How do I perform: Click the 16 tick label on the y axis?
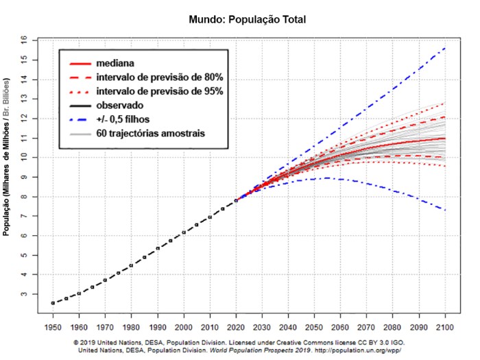click(25, 41)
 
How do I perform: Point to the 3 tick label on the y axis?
click(25, 293)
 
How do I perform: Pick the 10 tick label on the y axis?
click(25, 158)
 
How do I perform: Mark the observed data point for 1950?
click(53, 302)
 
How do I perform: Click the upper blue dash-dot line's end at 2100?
click(446, 48)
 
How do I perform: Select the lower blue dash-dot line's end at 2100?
click(446, 210)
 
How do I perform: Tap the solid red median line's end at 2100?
click(446, 139)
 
